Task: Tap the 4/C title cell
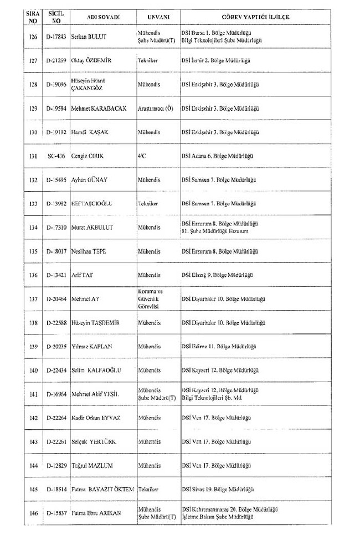click(143, 156)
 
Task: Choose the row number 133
click(34, 204)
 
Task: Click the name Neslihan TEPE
click(89, 251)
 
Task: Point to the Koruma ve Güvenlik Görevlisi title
click(150, 298)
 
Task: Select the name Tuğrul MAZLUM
click(92, 466)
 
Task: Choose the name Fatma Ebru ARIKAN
click(96, 513)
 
